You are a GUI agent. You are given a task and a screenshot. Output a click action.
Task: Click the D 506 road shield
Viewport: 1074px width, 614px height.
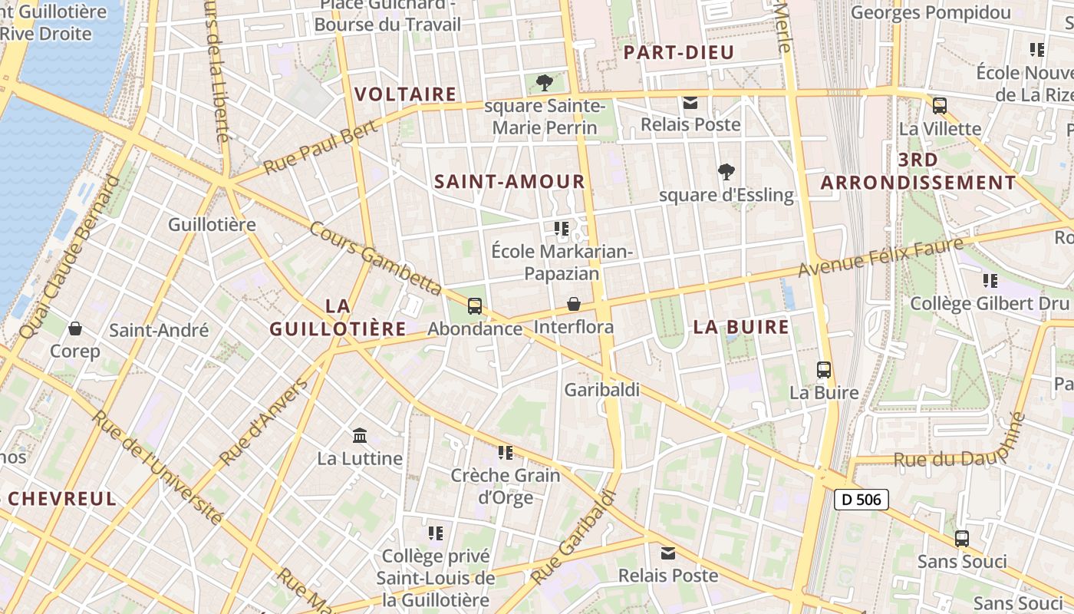(x=861, y=500)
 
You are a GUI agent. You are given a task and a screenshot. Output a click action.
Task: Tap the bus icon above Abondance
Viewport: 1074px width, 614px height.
(x=475, y=306)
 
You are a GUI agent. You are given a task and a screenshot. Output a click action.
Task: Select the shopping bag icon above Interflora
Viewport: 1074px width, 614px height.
(x=574, y=305)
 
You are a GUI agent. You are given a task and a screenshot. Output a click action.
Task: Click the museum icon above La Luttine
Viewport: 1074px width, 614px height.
(x=359, y=436)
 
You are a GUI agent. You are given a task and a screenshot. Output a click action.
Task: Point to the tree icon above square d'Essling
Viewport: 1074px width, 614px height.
(x=726, y=172)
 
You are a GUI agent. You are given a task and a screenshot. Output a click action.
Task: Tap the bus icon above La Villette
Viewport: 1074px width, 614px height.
(x=939, y=106)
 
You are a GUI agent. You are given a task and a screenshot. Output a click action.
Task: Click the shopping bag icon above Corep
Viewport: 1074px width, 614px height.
(x=75, y=328)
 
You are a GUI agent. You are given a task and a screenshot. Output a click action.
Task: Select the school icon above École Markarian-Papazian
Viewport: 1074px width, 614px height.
(x=561, y=229)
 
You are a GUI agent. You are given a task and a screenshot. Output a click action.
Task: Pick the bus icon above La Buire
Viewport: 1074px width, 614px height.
(x=824, y=370)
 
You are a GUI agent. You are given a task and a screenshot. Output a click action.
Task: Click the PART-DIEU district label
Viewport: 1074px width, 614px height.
(x=679, y=52)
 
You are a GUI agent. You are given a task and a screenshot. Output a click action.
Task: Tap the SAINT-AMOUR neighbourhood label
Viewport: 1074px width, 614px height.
(x=509, y=182)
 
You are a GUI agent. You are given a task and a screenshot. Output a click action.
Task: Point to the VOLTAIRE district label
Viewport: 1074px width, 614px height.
(x=406, y=94)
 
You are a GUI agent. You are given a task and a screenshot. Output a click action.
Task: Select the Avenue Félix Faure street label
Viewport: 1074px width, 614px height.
(x=880, y=258)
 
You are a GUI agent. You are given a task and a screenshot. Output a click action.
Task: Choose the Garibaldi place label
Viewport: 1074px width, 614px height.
(x=602, y=389)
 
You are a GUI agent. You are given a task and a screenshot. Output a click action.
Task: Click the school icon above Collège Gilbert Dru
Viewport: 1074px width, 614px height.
(x=990, y=281)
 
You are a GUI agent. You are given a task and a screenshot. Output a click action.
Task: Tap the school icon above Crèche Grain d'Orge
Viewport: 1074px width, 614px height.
(x=505, y=453)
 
